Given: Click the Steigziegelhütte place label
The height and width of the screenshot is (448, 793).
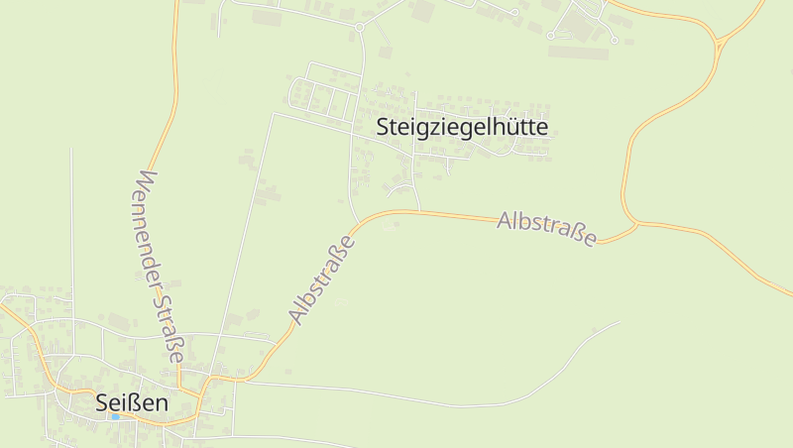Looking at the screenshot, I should [462, 128].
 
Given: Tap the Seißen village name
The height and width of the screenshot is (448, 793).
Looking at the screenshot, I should [132, 403].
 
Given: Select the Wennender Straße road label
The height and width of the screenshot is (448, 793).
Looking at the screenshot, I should [160, 266].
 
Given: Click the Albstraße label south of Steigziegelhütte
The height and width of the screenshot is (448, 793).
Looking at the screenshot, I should [548, 228].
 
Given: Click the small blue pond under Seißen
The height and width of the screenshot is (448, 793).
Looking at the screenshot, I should [116, 417].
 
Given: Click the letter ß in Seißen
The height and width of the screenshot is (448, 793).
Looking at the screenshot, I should [133, 403].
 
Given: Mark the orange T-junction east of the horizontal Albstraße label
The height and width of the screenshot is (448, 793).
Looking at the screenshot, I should [635, 224].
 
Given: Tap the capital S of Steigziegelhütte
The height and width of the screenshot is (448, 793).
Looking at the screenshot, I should [383, 128].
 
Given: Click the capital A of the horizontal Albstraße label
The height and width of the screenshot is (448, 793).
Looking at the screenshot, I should [506, 219].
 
